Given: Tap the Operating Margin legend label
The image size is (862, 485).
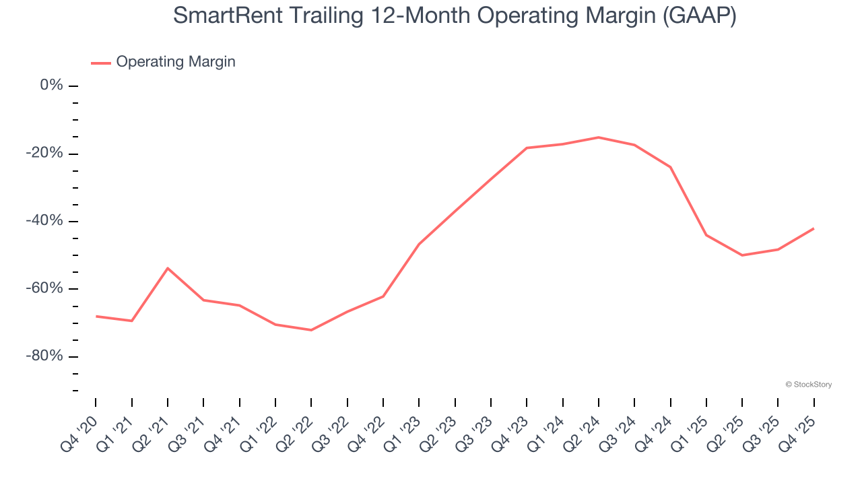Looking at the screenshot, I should coord(176,62).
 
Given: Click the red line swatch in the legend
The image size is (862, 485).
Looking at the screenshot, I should coord(101,63).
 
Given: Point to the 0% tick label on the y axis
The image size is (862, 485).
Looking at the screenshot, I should coord(52,86).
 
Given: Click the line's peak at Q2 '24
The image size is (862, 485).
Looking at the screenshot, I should coord(599,137).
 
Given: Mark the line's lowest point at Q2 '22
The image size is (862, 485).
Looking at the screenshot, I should coord(311,330).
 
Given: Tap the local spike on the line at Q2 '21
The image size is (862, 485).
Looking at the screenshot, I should coord(168,268).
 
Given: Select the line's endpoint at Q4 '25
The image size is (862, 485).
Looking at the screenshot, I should coord(814,228).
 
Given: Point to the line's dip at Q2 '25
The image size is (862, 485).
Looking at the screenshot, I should coord(742,255).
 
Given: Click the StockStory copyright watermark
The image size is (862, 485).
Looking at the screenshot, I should coord(808,385).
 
